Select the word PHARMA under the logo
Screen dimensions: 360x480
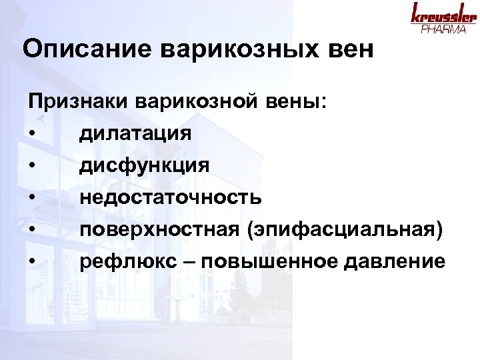pyautogui.click(x=443, y=30)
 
